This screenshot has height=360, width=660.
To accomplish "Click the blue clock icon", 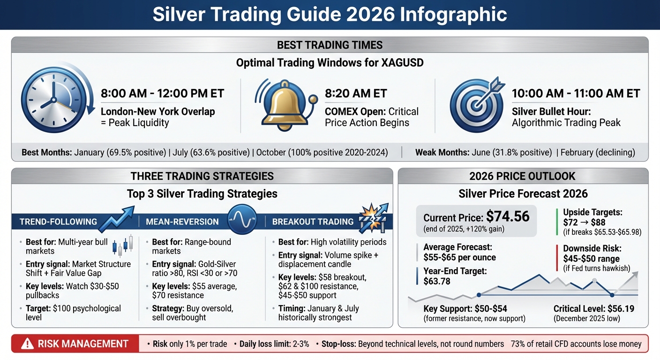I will click(x=51, y=100).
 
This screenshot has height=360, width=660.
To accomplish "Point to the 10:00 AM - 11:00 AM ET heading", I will click(x=576, y=93).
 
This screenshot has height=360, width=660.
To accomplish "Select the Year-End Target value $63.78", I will click(x=440, y=281).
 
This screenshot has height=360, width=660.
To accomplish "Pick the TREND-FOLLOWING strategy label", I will click(x=58, y=222).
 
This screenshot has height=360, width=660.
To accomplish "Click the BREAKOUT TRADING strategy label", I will click(x=313, y=222).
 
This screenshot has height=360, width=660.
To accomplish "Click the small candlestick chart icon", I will click(x=123, y=245).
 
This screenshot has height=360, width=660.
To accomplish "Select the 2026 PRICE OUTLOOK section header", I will click(x=523, y=176).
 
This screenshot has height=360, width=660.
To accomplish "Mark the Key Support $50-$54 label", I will click(x=465, y=308).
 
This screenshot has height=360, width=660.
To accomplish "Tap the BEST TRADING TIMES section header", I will click(x=330, y=45).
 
